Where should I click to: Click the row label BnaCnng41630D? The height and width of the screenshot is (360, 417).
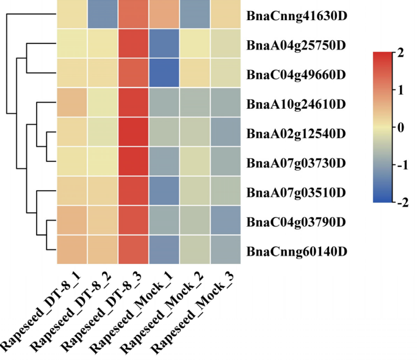tap(297, 16)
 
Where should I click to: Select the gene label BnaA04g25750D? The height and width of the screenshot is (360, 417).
tap(296, 45)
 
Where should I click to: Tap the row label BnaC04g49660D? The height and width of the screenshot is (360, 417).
tap(296, 75)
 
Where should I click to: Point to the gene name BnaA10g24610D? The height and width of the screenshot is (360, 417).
tap(296, 104)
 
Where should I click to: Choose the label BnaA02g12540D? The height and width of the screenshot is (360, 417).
tap(296, 133)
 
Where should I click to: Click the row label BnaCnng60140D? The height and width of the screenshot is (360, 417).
tap(297, 251)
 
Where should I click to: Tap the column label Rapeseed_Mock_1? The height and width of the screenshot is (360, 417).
tap(132, 312)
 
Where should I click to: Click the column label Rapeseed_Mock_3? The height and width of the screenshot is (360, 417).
tap(194, 312)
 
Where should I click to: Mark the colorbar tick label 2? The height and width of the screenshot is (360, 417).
tap(400, 53)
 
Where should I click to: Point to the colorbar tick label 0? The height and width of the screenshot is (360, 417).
tap(400, 128)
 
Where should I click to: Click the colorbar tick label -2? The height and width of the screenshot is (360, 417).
tap(402, 203)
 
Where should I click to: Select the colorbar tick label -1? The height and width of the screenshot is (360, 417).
tap(402, 166)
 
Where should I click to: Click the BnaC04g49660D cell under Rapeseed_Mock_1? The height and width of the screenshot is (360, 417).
tap(164, 73)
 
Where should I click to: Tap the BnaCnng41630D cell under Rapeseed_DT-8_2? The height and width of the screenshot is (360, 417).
tap(103, 14)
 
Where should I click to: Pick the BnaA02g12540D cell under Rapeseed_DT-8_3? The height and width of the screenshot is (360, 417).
tap(133, 132)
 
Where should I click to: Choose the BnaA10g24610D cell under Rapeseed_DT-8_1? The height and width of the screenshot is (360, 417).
tap(72, 102)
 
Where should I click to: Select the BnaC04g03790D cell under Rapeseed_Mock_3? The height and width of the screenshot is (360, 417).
tap(225, 220)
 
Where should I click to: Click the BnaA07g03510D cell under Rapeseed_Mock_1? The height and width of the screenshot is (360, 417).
tap(164, 191)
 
